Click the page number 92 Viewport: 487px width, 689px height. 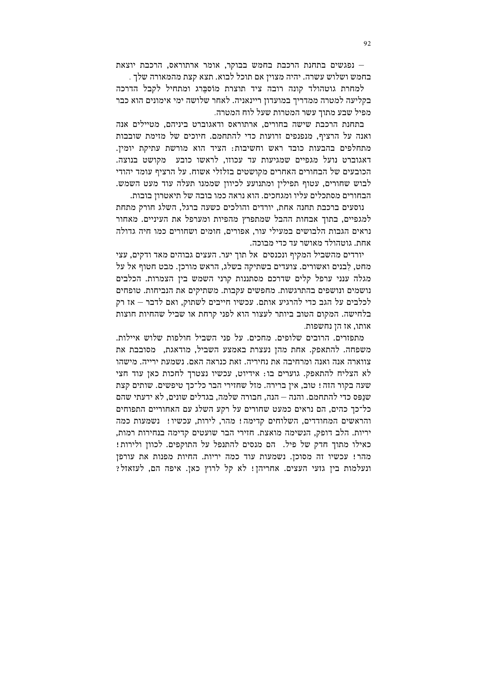coord(367,44)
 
